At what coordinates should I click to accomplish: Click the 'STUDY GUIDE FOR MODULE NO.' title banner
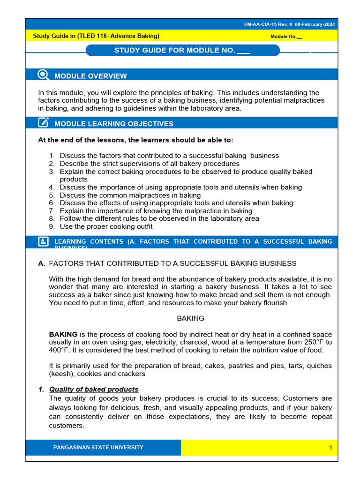click(182, 51)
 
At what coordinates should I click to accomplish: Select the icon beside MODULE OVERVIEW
click(43, 75)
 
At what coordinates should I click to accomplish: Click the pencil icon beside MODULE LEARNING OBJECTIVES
click(43, 123)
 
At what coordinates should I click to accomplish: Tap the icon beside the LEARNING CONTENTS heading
click(43, 241)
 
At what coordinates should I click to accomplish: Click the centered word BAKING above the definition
click(190, 318)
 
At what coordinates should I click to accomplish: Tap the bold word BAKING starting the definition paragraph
click(63, 334)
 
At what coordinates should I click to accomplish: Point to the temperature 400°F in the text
click(59, 350)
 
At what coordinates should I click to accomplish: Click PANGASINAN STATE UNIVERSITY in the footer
click(98, 447)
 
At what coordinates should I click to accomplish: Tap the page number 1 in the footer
click(330, 448)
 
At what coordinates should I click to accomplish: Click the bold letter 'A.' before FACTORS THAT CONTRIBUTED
click(42, 263)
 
